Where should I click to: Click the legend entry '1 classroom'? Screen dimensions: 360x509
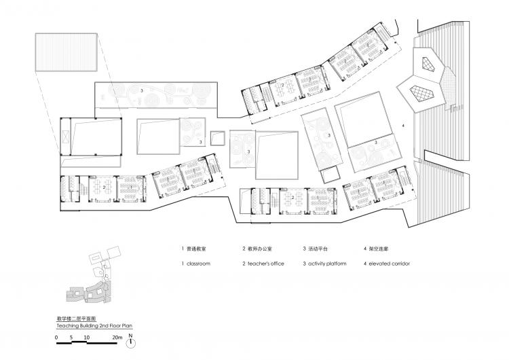pyautogui.click(x=195, y=263)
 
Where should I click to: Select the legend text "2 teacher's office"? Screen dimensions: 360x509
pyautogui.click(x=263, y=263)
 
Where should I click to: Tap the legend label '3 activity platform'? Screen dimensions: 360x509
pyautogui.click(x=324, y=263)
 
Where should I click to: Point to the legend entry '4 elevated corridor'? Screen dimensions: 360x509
pyautogui.click(x=391, y=263)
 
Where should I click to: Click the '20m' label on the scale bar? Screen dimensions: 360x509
pyautogui.click(x=117, y=337)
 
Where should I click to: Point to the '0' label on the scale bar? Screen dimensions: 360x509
pyautogui.click(x=56, y=337)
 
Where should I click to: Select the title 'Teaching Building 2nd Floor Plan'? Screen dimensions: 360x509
pyautogui.click(x=88, y=326)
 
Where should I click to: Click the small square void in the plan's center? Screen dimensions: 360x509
pyautogui.click(x=219, y=137)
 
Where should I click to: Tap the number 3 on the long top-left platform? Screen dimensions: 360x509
pyautogui.click(x=141, y=90)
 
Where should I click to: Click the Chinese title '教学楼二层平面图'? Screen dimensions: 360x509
pyautogui.click(x=76, y=318)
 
